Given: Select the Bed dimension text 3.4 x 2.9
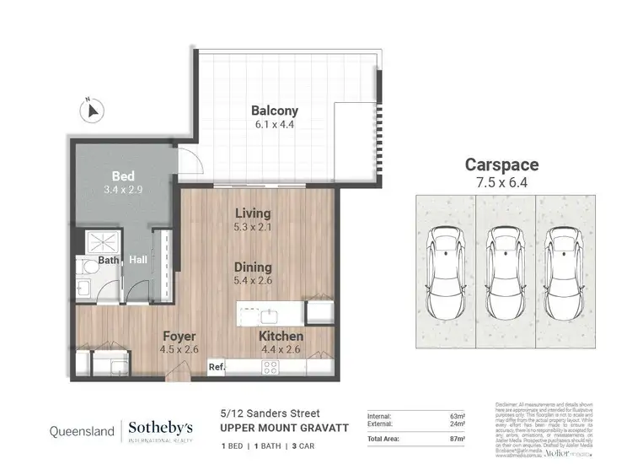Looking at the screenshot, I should click(123, 190).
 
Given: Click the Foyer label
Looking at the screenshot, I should click(179, 335).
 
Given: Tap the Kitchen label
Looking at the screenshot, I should click(281, 336).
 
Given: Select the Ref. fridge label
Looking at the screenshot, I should click(217, 367).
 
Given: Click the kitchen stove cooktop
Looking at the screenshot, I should click(272, 367).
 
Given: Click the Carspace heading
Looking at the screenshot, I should click(502, 165).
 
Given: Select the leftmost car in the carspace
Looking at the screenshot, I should click(443, 263).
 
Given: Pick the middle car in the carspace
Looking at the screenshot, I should click(504, 263).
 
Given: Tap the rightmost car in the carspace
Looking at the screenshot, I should click(565, 263).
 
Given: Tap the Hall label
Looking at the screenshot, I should click(138, 260).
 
